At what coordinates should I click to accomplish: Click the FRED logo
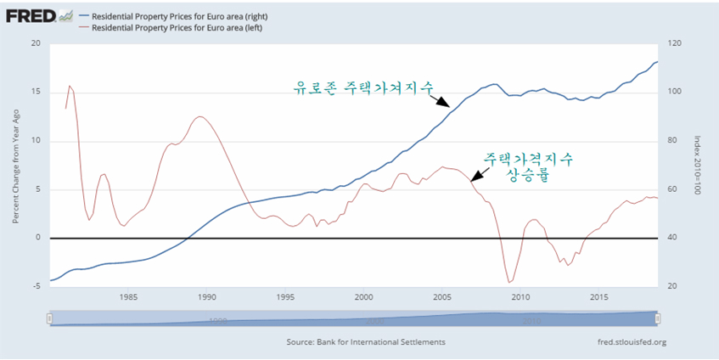[x=32, y=15]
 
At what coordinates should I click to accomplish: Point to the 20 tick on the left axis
[x=35, y=44]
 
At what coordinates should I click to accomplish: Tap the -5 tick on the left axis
[x=35, y=287]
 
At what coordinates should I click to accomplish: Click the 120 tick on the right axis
[x=676, y=44]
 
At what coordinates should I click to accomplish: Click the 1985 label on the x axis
[x=128, y=297]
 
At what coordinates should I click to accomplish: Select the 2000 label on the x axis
[x=363, y=297]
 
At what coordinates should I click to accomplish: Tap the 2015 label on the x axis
[x=598, y=297]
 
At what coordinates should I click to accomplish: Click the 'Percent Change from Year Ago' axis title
[x=15, y=166]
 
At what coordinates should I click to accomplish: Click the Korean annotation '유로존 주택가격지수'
[x=363, y=87]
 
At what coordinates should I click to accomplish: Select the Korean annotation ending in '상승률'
[x=528, y=166]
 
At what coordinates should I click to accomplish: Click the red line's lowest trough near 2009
[x=509, y=283]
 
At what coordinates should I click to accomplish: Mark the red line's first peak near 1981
[x=70, y=85]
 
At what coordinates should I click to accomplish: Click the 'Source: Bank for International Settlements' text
[x=366, y=343]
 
